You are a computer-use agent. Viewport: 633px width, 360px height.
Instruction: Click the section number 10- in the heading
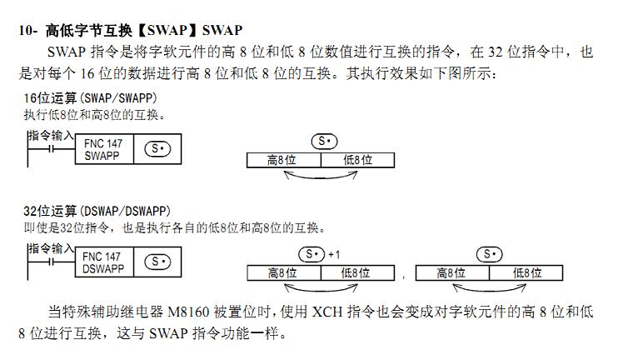click(28, 30)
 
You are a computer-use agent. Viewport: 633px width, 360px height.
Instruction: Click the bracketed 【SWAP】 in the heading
click(167, 30)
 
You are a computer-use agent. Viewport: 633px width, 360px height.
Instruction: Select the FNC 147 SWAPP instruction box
click(103, 149)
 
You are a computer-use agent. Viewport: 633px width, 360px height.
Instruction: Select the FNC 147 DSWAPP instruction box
click(103, 262)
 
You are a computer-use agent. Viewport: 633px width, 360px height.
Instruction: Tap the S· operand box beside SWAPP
click(157, 150)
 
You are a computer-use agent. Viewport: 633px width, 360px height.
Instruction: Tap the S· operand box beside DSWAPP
click(157, 262)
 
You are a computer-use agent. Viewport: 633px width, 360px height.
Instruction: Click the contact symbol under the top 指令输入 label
click(52, 149)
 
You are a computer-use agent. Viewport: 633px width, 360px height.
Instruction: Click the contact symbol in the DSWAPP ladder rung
click(52, 262)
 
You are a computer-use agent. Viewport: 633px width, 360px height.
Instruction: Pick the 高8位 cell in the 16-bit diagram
click(283, 160)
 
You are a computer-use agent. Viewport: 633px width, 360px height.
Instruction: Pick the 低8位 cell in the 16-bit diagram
click(357, 160)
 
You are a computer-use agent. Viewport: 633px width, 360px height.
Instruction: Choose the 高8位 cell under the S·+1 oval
click(283, 272)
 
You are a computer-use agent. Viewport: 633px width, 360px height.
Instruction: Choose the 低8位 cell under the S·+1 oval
click(356, 272)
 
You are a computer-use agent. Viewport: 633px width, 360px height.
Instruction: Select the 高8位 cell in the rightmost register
click(451, 272)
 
